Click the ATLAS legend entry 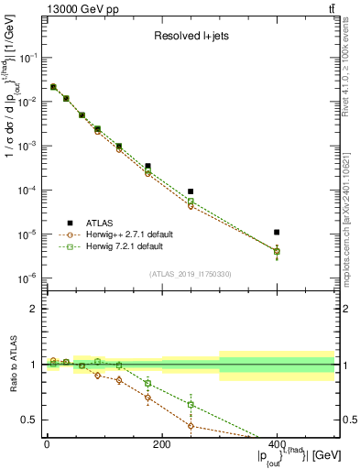click(x=101, y=222)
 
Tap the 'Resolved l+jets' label click(x=190, y=38)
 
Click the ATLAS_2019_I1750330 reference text click(x=190, y=274)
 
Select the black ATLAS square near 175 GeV click(x=147, y=166)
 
